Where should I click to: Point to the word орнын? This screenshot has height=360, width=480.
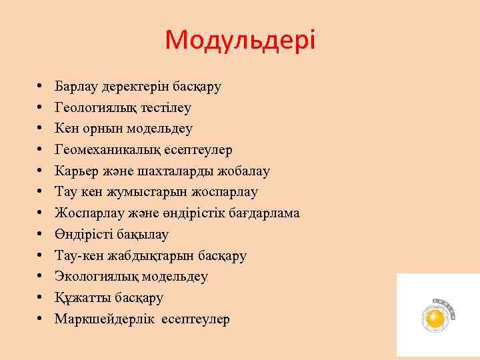tap(99, 129)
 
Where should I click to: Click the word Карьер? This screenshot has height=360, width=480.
tap(75, 171)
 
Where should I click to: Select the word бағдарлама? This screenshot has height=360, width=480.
tap(264, 213)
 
